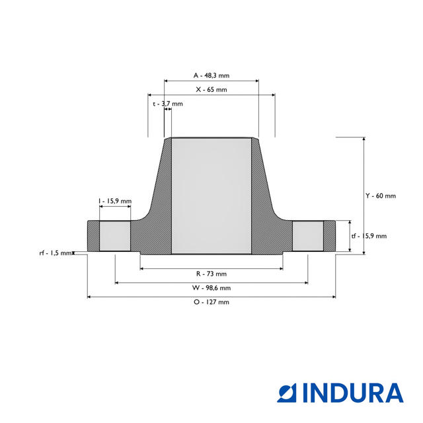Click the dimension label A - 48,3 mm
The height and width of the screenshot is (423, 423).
tap(211, 75)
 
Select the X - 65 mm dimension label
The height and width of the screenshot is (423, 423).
tap(211, 89)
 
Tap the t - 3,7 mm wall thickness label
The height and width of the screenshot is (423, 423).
tap(167, 104)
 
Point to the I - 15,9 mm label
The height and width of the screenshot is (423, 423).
tap(115, 201)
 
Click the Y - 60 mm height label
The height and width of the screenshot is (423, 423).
tap(381, 196)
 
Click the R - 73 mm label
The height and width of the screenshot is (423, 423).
tap(211, 274)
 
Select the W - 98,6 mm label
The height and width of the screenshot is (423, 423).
tap(211, 288)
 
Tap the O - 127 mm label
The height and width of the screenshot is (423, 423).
tap(211, 302)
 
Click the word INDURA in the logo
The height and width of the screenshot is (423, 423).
tap(353, 393)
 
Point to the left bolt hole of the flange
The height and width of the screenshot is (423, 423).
tap(114, 236)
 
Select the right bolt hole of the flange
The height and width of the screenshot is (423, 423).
tap(308, 236)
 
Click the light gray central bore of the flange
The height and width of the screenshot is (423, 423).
tap(211, 196)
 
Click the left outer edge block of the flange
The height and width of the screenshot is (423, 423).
tap(93, 236)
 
